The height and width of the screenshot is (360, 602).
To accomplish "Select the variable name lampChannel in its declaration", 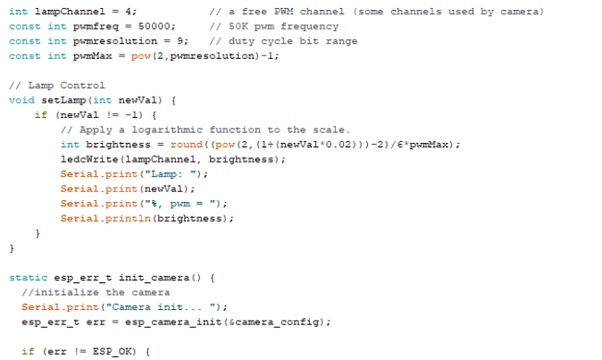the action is click(x=70, y=12).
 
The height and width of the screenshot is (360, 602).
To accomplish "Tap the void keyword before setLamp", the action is click(x=22, y=100).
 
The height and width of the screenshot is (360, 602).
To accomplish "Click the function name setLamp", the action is click(x=63, y=100).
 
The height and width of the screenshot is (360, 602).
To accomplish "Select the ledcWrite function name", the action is click(x=89, y=159).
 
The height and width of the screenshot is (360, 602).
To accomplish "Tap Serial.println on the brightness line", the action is click(x=105, y=218).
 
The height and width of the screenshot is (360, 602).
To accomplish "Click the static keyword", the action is click(x=29, y=278).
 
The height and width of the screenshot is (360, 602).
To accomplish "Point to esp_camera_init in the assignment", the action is click(x=173, y=322).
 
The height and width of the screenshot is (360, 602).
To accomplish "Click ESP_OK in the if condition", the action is click(x=113, y=351).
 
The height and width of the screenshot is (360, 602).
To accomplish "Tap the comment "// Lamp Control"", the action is click(x=57, y=85).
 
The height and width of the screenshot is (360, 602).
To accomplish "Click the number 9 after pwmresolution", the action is click(x=180, y=41).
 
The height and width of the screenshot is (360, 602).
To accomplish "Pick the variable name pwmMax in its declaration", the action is click(x=93, y=56).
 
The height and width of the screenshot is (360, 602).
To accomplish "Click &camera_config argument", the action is click(x=273, y=322).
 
